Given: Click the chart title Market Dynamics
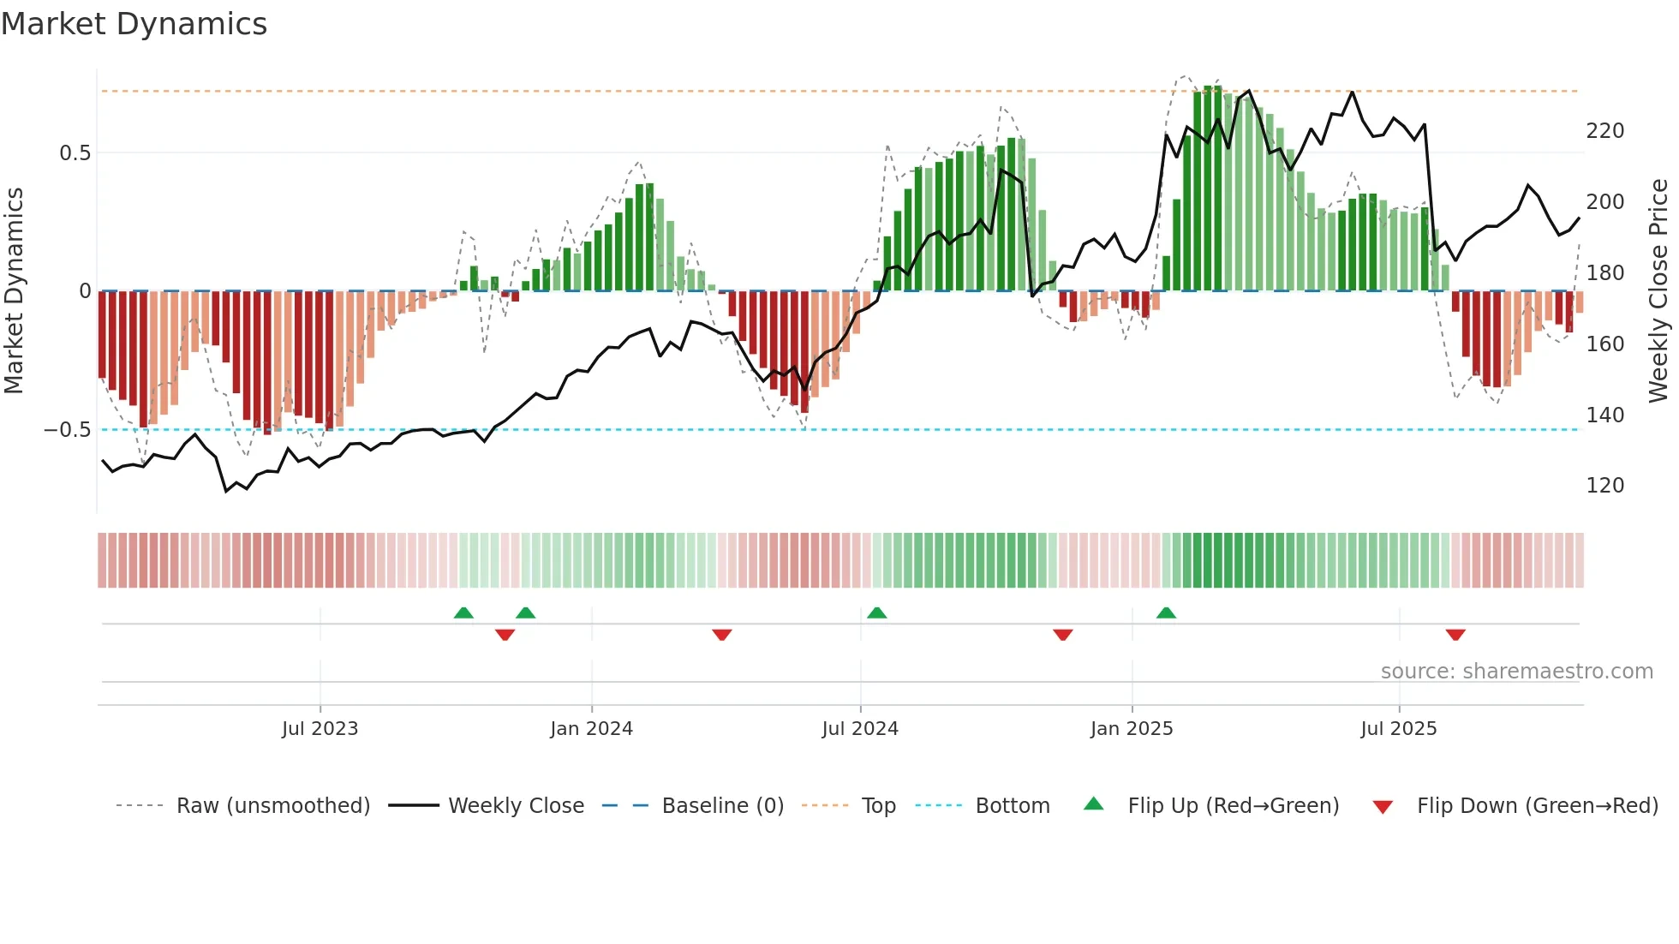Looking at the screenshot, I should [134, 24].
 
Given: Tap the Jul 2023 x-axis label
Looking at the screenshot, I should [320, 729].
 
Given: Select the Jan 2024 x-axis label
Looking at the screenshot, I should [591, 729].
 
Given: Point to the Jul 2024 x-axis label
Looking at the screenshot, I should [860, 729].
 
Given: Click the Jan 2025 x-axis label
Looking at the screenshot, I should [1132, 729].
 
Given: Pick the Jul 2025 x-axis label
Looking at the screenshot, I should [1399, 729].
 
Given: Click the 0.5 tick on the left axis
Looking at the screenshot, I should [75, 153].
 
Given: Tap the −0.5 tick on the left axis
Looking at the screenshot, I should [67, 430].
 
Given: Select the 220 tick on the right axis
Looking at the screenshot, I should [1604, 131].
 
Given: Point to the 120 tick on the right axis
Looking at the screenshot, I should [1604, 486].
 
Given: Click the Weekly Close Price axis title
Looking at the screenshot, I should [1658, 291].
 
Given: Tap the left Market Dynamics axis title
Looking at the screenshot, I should [15, 291].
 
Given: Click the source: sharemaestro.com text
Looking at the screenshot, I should [1516, 672].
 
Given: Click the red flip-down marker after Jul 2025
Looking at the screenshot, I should [1455, 635].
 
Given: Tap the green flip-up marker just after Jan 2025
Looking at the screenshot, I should [1166, 612].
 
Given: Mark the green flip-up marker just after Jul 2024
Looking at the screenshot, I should [876, 612].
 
